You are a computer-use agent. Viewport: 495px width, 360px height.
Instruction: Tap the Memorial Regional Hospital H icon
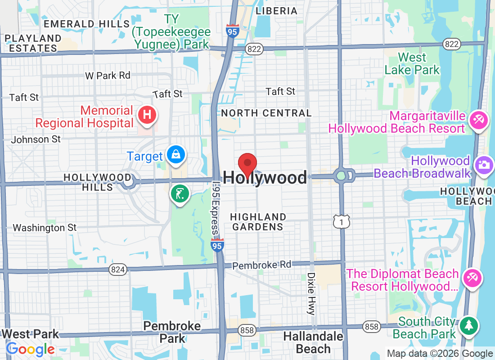[x=147, y=115]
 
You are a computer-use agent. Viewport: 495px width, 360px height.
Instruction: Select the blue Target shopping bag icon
[x=176, y=155]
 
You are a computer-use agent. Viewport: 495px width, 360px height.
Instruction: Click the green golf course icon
[x=180, y=194]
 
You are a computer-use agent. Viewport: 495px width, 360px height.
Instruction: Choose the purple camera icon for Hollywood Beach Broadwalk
[x=484, y=164]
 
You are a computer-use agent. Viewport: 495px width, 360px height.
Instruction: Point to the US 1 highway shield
[x=342, y=221]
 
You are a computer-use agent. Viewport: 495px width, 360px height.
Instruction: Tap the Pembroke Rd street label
[x=262, y=265]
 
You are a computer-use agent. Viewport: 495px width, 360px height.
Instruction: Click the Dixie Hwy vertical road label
[x=311, y=293]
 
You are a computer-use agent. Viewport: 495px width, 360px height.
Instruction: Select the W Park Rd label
[x=108, y=76]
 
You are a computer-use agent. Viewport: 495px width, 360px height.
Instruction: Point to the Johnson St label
[x=36, y=139]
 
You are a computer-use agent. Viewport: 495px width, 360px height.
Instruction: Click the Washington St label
[x=45, y=228]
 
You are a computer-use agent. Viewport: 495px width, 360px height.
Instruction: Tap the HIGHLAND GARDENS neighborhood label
[x=258, y=222]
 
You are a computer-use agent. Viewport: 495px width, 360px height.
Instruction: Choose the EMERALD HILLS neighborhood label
[x=88, y=24]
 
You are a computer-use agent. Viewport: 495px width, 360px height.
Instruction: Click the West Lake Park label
[x=412, y=64]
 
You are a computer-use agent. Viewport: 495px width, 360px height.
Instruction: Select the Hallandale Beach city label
[x=313, y=342]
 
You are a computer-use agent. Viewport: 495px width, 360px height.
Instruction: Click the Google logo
[x=30, y=349]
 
